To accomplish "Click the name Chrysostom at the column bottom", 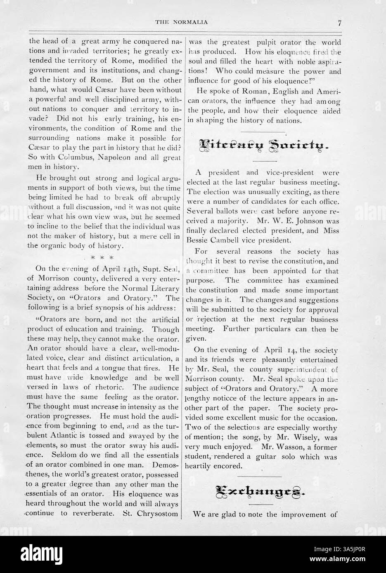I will click(x=161, y=514).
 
